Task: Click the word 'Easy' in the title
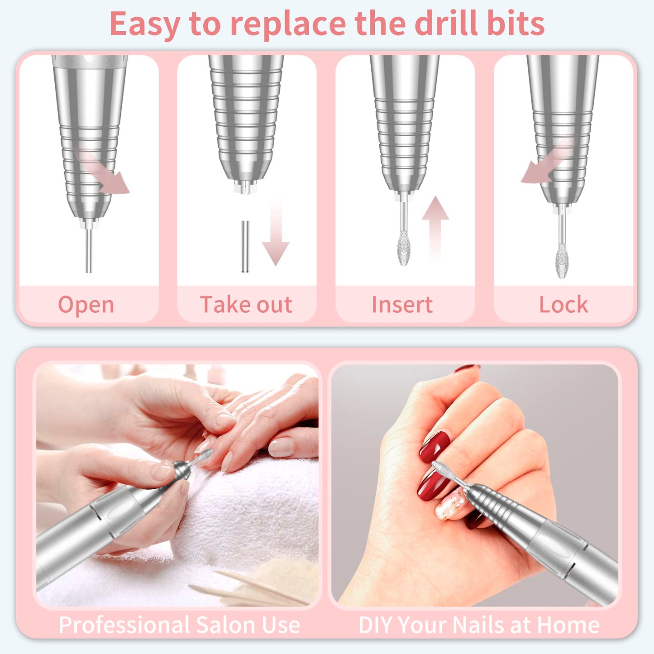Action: [x=144, y=25]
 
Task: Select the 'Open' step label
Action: [x=86, y=305]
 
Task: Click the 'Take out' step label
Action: [x=246, y=305]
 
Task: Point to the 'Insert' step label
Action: [x=402, y=305]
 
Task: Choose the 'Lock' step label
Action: [x=563, y=305]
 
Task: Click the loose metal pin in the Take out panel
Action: [x=245, y=247]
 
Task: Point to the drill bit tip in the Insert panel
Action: [x=404, y=248]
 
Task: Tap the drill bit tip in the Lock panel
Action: [x=562, y=260]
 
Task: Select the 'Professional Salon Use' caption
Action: [x=179, y=625]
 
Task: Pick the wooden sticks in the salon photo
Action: [x=253, y=588]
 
